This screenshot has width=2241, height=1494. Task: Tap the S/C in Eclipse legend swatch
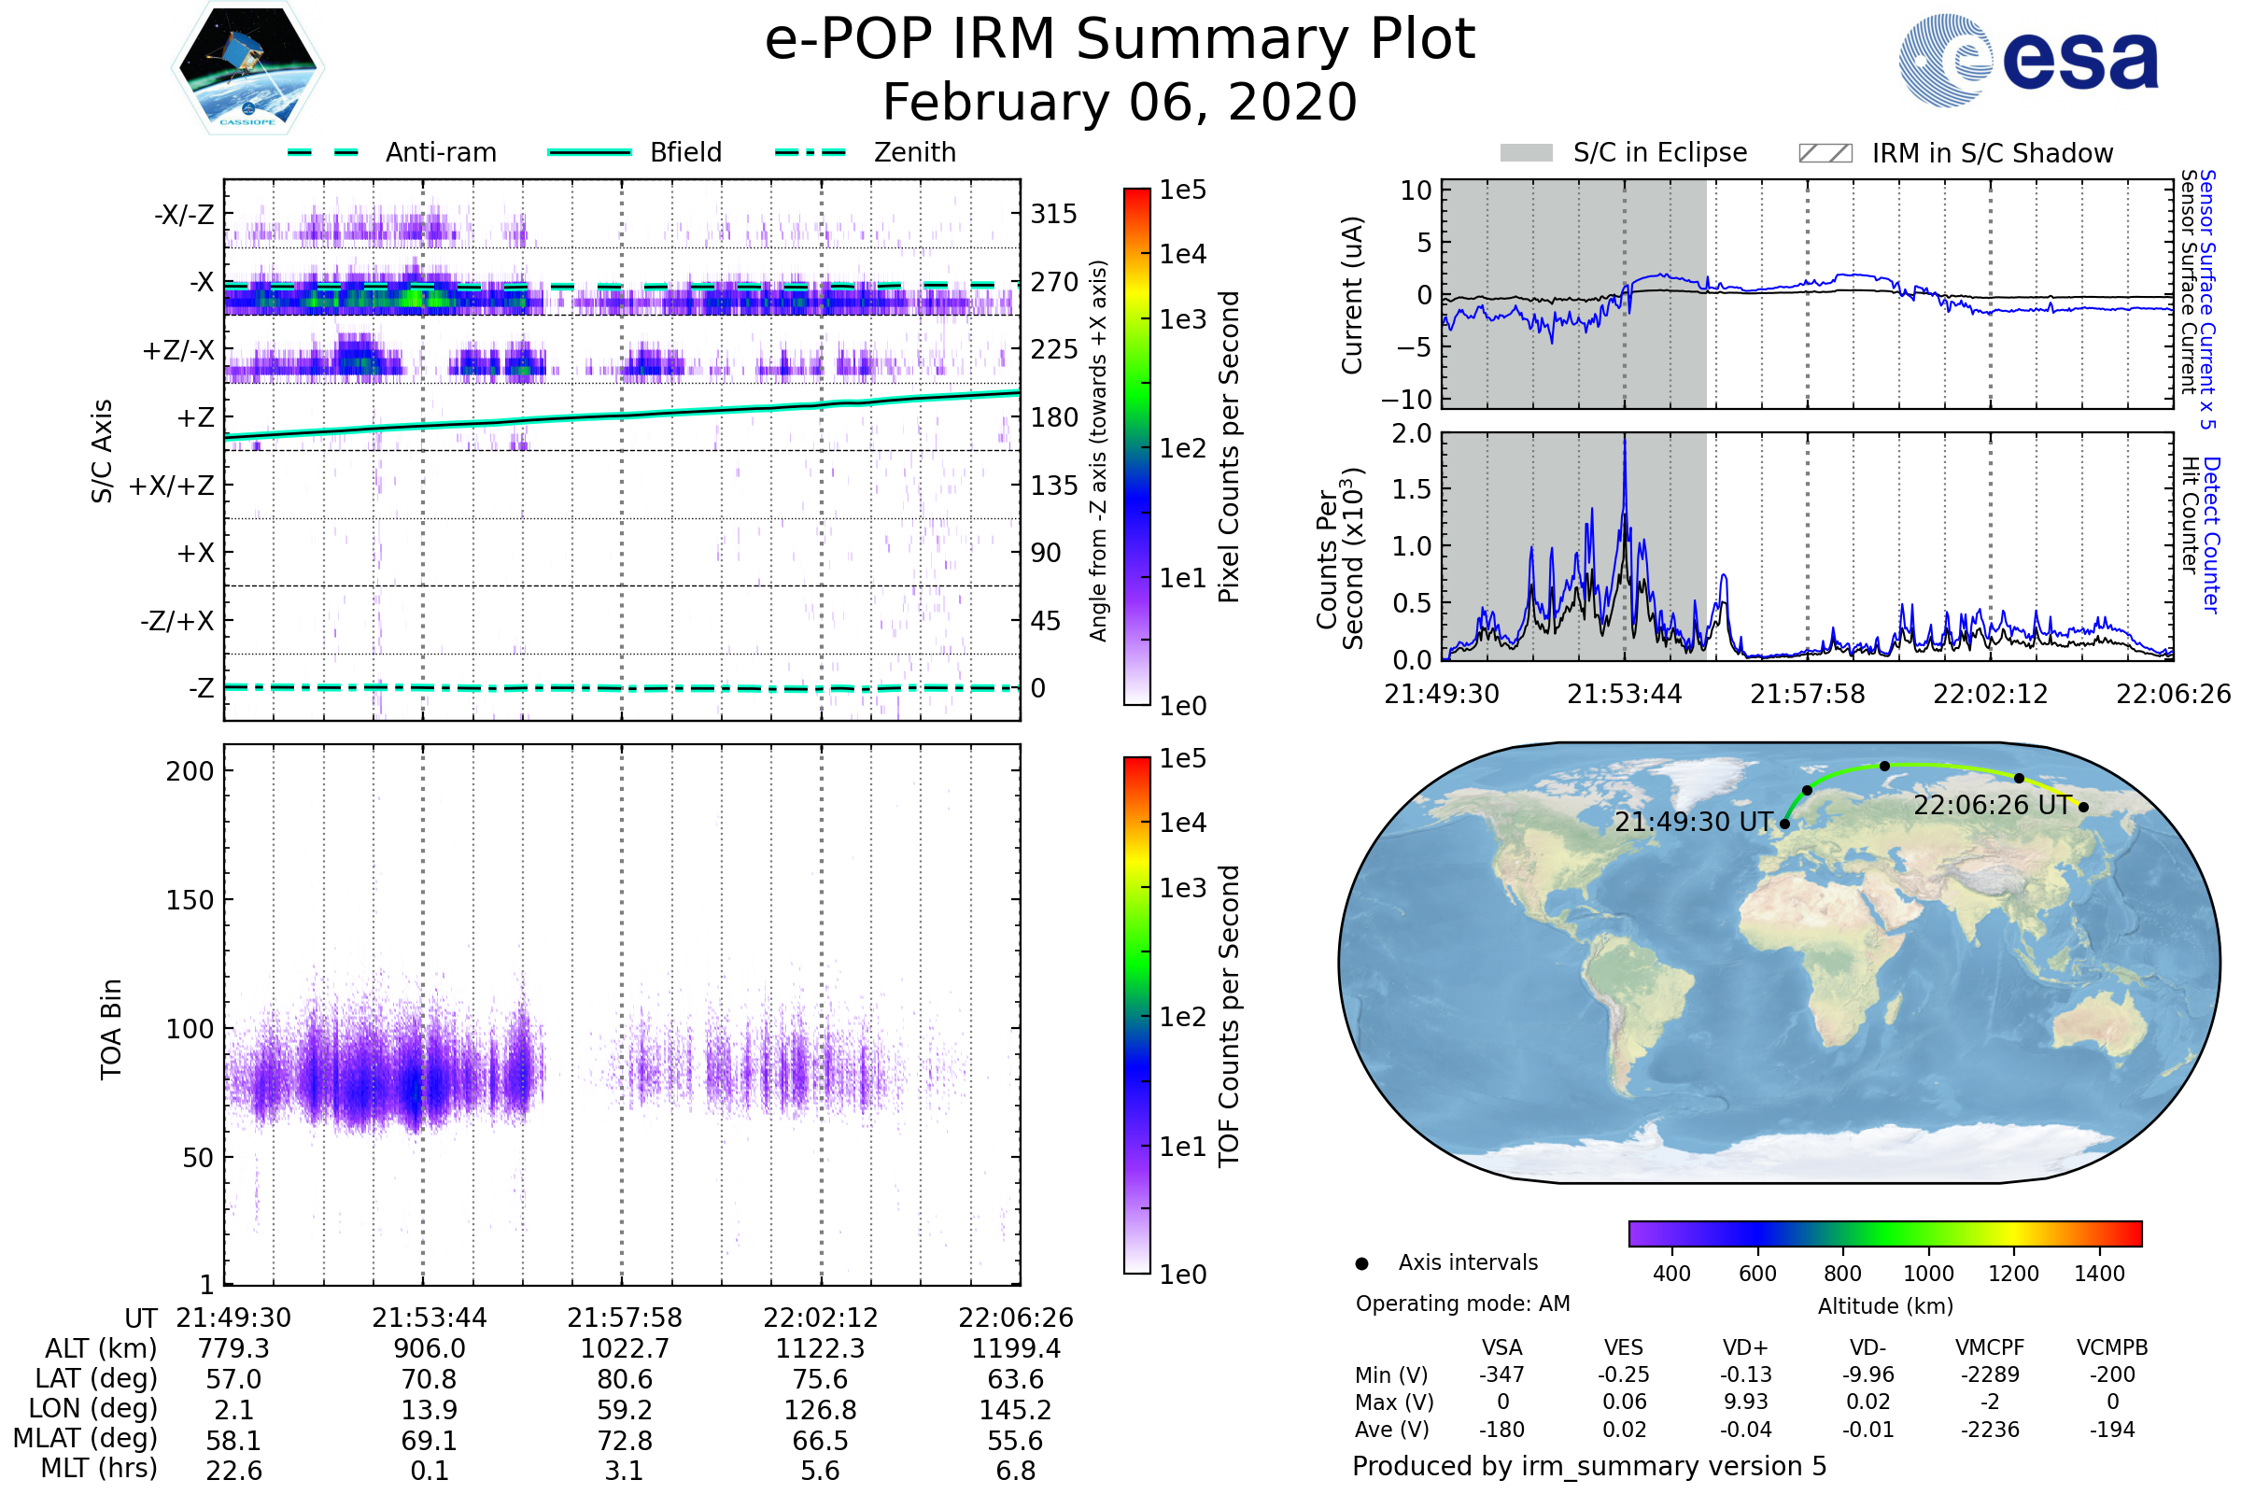coord(1527,153)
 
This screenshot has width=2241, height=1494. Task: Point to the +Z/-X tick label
coord(178,351)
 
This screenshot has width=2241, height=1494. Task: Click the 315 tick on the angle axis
coord(1054,214)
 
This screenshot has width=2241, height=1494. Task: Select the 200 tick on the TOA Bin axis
coord(190,771)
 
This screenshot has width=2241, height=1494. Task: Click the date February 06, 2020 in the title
coord(1120,103)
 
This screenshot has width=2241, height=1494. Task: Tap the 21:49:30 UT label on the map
coord(1693,823)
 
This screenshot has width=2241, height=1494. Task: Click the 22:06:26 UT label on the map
coord(1993,805)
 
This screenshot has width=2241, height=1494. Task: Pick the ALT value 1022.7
coord(625,1349)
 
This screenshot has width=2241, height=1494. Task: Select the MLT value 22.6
coord(233,1470)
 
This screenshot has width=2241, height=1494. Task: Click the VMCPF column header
coord(1990,1348)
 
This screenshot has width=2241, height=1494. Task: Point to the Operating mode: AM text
coord(1462,1304)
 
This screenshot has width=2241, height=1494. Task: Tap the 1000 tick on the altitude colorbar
coord(1927,1274)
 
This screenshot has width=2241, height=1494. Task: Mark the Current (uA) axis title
coord(1352,295)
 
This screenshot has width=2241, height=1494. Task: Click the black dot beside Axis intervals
coord(1361,1263)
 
